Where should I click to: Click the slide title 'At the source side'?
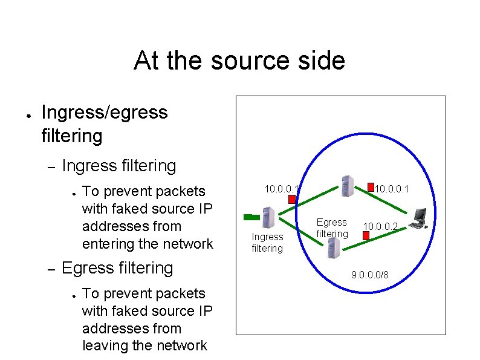(239, 61)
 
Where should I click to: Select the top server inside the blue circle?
(346, 186)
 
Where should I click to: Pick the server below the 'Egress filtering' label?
(332, 248)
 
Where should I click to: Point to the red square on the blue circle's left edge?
(293, 198)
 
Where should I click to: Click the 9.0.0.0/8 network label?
(370, 276)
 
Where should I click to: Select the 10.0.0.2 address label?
(381, 226)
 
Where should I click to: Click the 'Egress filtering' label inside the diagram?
(332, 228)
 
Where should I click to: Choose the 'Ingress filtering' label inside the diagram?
(267, 243)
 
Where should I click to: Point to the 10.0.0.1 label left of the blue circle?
(281, 189)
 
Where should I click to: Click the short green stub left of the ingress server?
(248, 216)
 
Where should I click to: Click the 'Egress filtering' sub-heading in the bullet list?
(117, 267)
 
